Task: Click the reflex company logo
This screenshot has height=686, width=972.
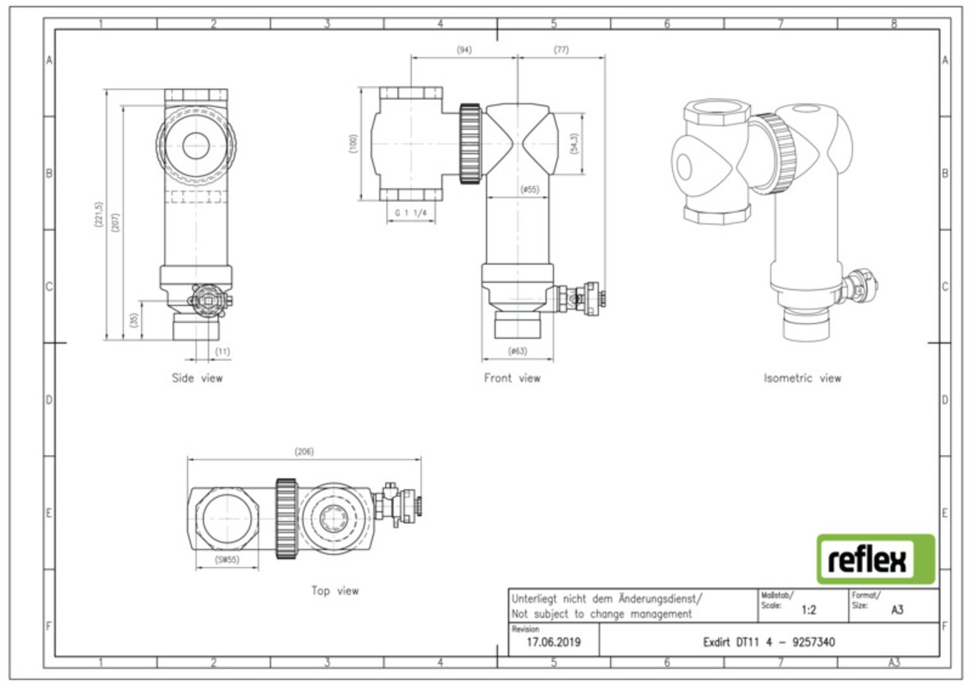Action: pos(875,559)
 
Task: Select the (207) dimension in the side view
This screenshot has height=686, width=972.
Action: pos(115,222)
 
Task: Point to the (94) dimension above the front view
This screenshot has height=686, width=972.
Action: pos(464,50)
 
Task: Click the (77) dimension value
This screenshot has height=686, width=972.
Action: pos(561,50)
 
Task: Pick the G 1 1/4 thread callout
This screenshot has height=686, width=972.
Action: pos(410,212)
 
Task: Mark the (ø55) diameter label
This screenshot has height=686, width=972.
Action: pos(530,189)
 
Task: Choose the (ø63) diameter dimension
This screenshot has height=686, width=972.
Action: pos(518,351)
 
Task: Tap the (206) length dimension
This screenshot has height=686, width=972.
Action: pos(304,452)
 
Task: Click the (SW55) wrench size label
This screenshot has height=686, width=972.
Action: pos(227,559)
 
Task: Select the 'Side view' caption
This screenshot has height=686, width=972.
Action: pos(197,378)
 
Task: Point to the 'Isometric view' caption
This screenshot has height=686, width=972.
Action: pos(802,378)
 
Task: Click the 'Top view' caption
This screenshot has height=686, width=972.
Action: pos(335,591)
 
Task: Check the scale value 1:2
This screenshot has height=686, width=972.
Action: pos(809,610)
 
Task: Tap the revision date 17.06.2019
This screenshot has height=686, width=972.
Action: pos(553,642)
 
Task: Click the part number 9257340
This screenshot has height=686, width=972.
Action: pos(814,642)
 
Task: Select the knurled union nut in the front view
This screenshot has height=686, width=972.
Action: pos(470,144)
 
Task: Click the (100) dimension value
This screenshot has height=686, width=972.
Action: pos(353,144)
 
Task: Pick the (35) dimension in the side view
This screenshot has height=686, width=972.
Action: pos(134,320)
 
